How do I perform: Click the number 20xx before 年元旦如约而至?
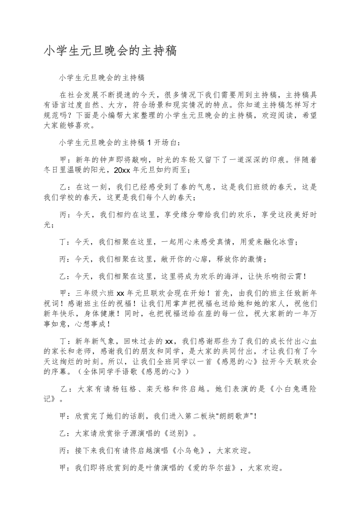coord(122,171)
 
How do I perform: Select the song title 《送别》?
coord(177,433)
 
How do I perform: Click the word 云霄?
coord(296,275)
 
